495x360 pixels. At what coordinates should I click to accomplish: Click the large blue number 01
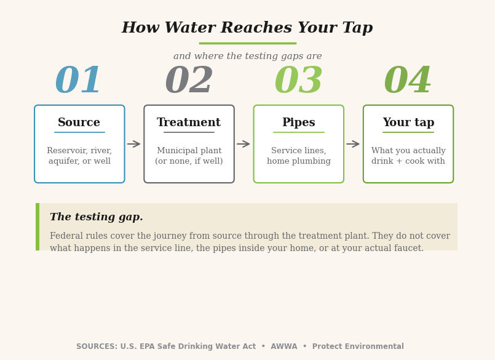tap(78, 79)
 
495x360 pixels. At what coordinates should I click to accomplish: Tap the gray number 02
tap(189, 79)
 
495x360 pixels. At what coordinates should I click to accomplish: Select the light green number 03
tap(298, 79)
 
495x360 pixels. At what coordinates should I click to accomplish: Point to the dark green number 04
tap(408, 79)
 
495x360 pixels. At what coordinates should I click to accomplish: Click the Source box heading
tap(79, 122)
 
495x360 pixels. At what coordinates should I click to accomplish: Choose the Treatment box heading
tap(189, 122)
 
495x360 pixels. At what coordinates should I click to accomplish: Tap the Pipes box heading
tap(299, 122)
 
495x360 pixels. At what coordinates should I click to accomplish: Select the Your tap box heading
tap(408, 122)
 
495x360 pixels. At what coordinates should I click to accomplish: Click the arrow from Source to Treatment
tap(134, 144)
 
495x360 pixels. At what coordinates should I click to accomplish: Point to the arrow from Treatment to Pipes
tap(244, 144)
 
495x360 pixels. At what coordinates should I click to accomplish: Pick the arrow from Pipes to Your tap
tap(353, 144)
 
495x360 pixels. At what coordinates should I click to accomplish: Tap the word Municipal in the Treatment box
tap(177, 150)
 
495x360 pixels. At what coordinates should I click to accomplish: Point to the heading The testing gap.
tap(97, 217)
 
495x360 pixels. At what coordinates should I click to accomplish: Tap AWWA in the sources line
tap(284, 346)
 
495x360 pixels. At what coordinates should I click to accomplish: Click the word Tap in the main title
tap(357, 28)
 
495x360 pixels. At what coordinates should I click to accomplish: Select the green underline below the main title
tap(247, 43)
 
